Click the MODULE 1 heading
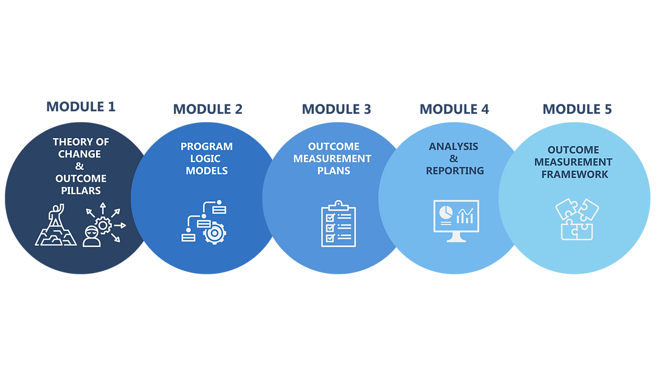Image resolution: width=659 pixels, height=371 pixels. click(81, 106)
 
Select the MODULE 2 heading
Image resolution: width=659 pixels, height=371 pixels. click(208, 109)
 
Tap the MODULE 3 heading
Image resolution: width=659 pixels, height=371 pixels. click(336, 109)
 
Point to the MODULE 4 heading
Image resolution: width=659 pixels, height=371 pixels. click(454, 109)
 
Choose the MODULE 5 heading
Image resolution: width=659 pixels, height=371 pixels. click(577, 109)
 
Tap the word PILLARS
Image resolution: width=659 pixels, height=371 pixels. click(81, 190)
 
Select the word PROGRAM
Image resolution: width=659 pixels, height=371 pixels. click(206, 147)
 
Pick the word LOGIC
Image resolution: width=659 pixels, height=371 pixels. click(205, 159)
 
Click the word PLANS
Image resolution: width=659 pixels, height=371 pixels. click(334, 171)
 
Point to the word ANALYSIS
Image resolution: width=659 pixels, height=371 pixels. click(454, 147)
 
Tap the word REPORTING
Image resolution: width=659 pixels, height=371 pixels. click(455, 171)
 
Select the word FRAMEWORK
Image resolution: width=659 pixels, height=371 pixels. click(574, 174)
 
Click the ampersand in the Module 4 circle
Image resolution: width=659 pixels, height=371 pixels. click(454, 159)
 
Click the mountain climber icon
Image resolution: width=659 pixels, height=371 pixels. click(56, 224)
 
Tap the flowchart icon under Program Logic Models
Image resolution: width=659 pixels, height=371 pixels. click(204, 221)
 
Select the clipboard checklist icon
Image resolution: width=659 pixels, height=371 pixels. click(339, 223)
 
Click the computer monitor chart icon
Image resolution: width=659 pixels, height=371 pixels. click(456, 221)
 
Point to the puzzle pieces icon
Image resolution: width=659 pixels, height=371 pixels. click(577, 219)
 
